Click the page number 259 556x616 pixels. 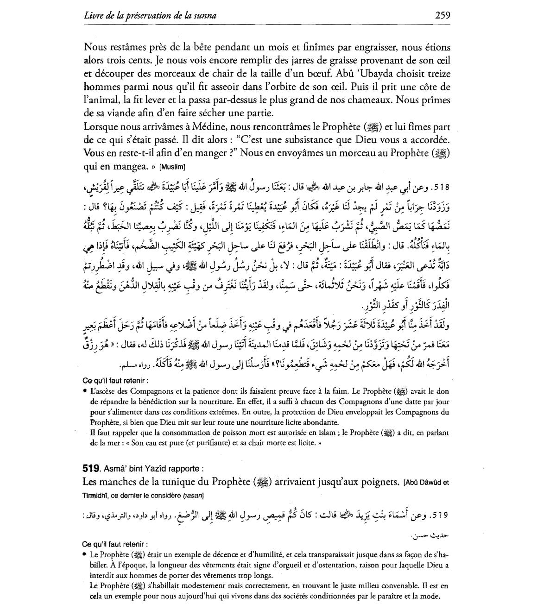442,15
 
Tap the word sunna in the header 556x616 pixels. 204,16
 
